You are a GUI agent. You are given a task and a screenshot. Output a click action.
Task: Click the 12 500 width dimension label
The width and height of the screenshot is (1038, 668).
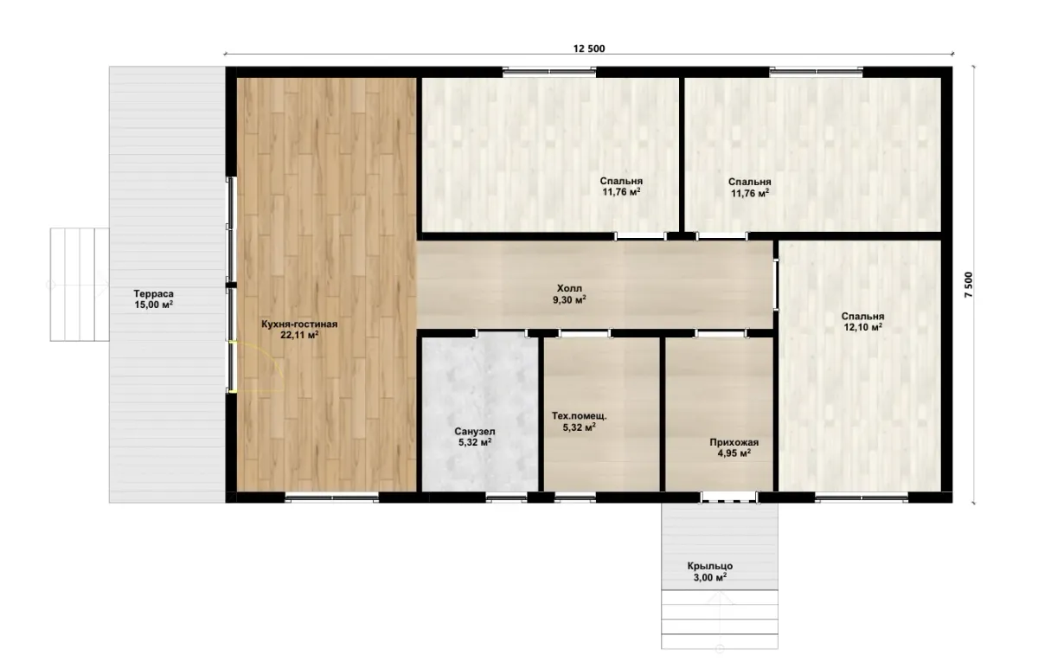[x=589, y=48]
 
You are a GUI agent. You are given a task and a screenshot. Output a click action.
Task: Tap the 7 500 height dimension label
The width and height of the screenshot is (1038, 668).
[x=969, y=285]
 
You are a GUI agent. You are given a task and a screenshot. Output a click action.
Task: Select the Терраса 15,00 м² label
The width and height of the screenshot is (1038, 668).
[x=153, y=299]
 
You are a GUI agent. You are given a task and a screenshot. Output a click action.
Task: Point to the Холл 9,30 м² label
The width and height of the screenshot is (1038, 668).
[x=569, y=294]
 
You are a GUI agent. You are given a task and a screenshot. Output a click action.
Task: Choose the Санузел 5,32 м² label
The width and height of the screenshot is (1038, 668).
[x=475, y=437]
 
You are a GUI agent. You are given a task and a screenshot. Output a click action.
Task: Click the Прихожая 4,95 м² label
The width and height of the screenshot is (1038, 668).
[x=734, y=448]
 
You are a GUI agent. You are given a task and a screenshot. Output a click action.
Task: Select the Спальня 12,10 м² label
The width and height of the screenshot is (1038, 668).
[x=863, y=322]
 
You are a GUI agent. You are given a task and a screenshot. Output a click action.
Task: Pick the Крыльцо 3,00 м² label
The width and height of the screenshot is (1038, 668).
[x=710, y=572]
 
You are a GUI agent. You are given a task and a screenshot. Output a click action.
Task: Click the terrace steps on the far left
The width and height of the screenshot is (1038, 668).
[x=80, y=285]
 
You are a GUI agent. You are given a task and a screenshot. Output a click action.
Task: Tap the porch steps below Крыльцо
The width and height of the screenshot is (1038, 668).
[x=720, y=620]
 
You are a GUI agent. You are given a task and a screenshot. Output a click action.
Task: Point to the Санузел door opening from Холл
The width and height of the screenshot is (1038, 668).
[x=502, y=333]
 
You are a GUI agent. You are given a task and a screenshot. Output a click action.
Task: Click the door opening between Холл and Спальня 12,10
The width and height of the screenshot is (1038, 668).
[x=776, y=285]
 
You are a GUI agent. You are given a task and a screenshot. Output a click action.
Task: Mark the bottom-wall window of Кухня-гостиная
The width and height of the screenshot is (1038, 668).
[x=332, y=498]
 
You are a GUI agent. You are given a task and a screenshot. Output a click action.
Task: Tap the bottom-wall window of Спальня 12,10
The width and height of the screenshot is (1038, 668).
[x=862, y=498]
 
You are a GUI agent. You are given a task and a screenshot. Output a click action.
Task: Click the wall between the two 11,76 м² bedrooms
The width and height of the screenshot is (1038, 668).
[x=682, y=154]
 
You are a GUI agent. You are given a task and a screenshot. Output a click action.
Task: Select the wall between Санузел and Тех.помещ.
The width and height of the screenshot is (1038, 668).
[x=541, y=414]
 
